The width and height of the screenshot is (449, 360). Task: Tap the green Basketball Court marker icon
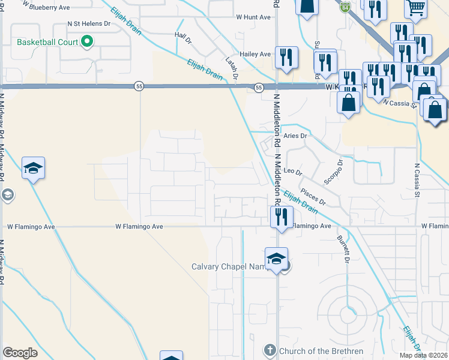click(87, 42)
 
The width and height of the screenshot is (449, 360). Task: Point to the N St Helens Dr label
click(89, 24)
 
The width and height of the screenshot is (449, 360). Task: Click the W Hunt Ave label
click(253, 17)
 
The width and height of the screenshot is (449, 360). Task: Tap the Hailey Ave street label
click(255, 54)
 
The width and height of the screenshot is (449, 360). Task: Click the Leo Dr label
click(292, 172)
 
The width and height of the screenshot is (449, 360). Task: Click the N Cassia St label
click(415, 181)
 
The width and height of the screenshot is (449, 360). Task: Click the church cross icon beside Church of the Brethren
click(270, 350)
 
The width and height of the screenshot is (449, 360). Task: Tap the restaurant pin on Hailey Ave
click(286, 58)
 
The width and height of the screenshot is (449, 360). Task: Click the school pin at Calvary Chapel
click(276, 259)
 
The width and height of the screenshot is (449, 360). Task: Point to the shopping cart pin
click(415, 7)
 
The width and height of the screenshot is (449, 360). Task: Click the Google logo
click(20, 353)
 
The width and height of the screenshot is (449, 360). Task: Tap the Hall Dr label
click(182, 38)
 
